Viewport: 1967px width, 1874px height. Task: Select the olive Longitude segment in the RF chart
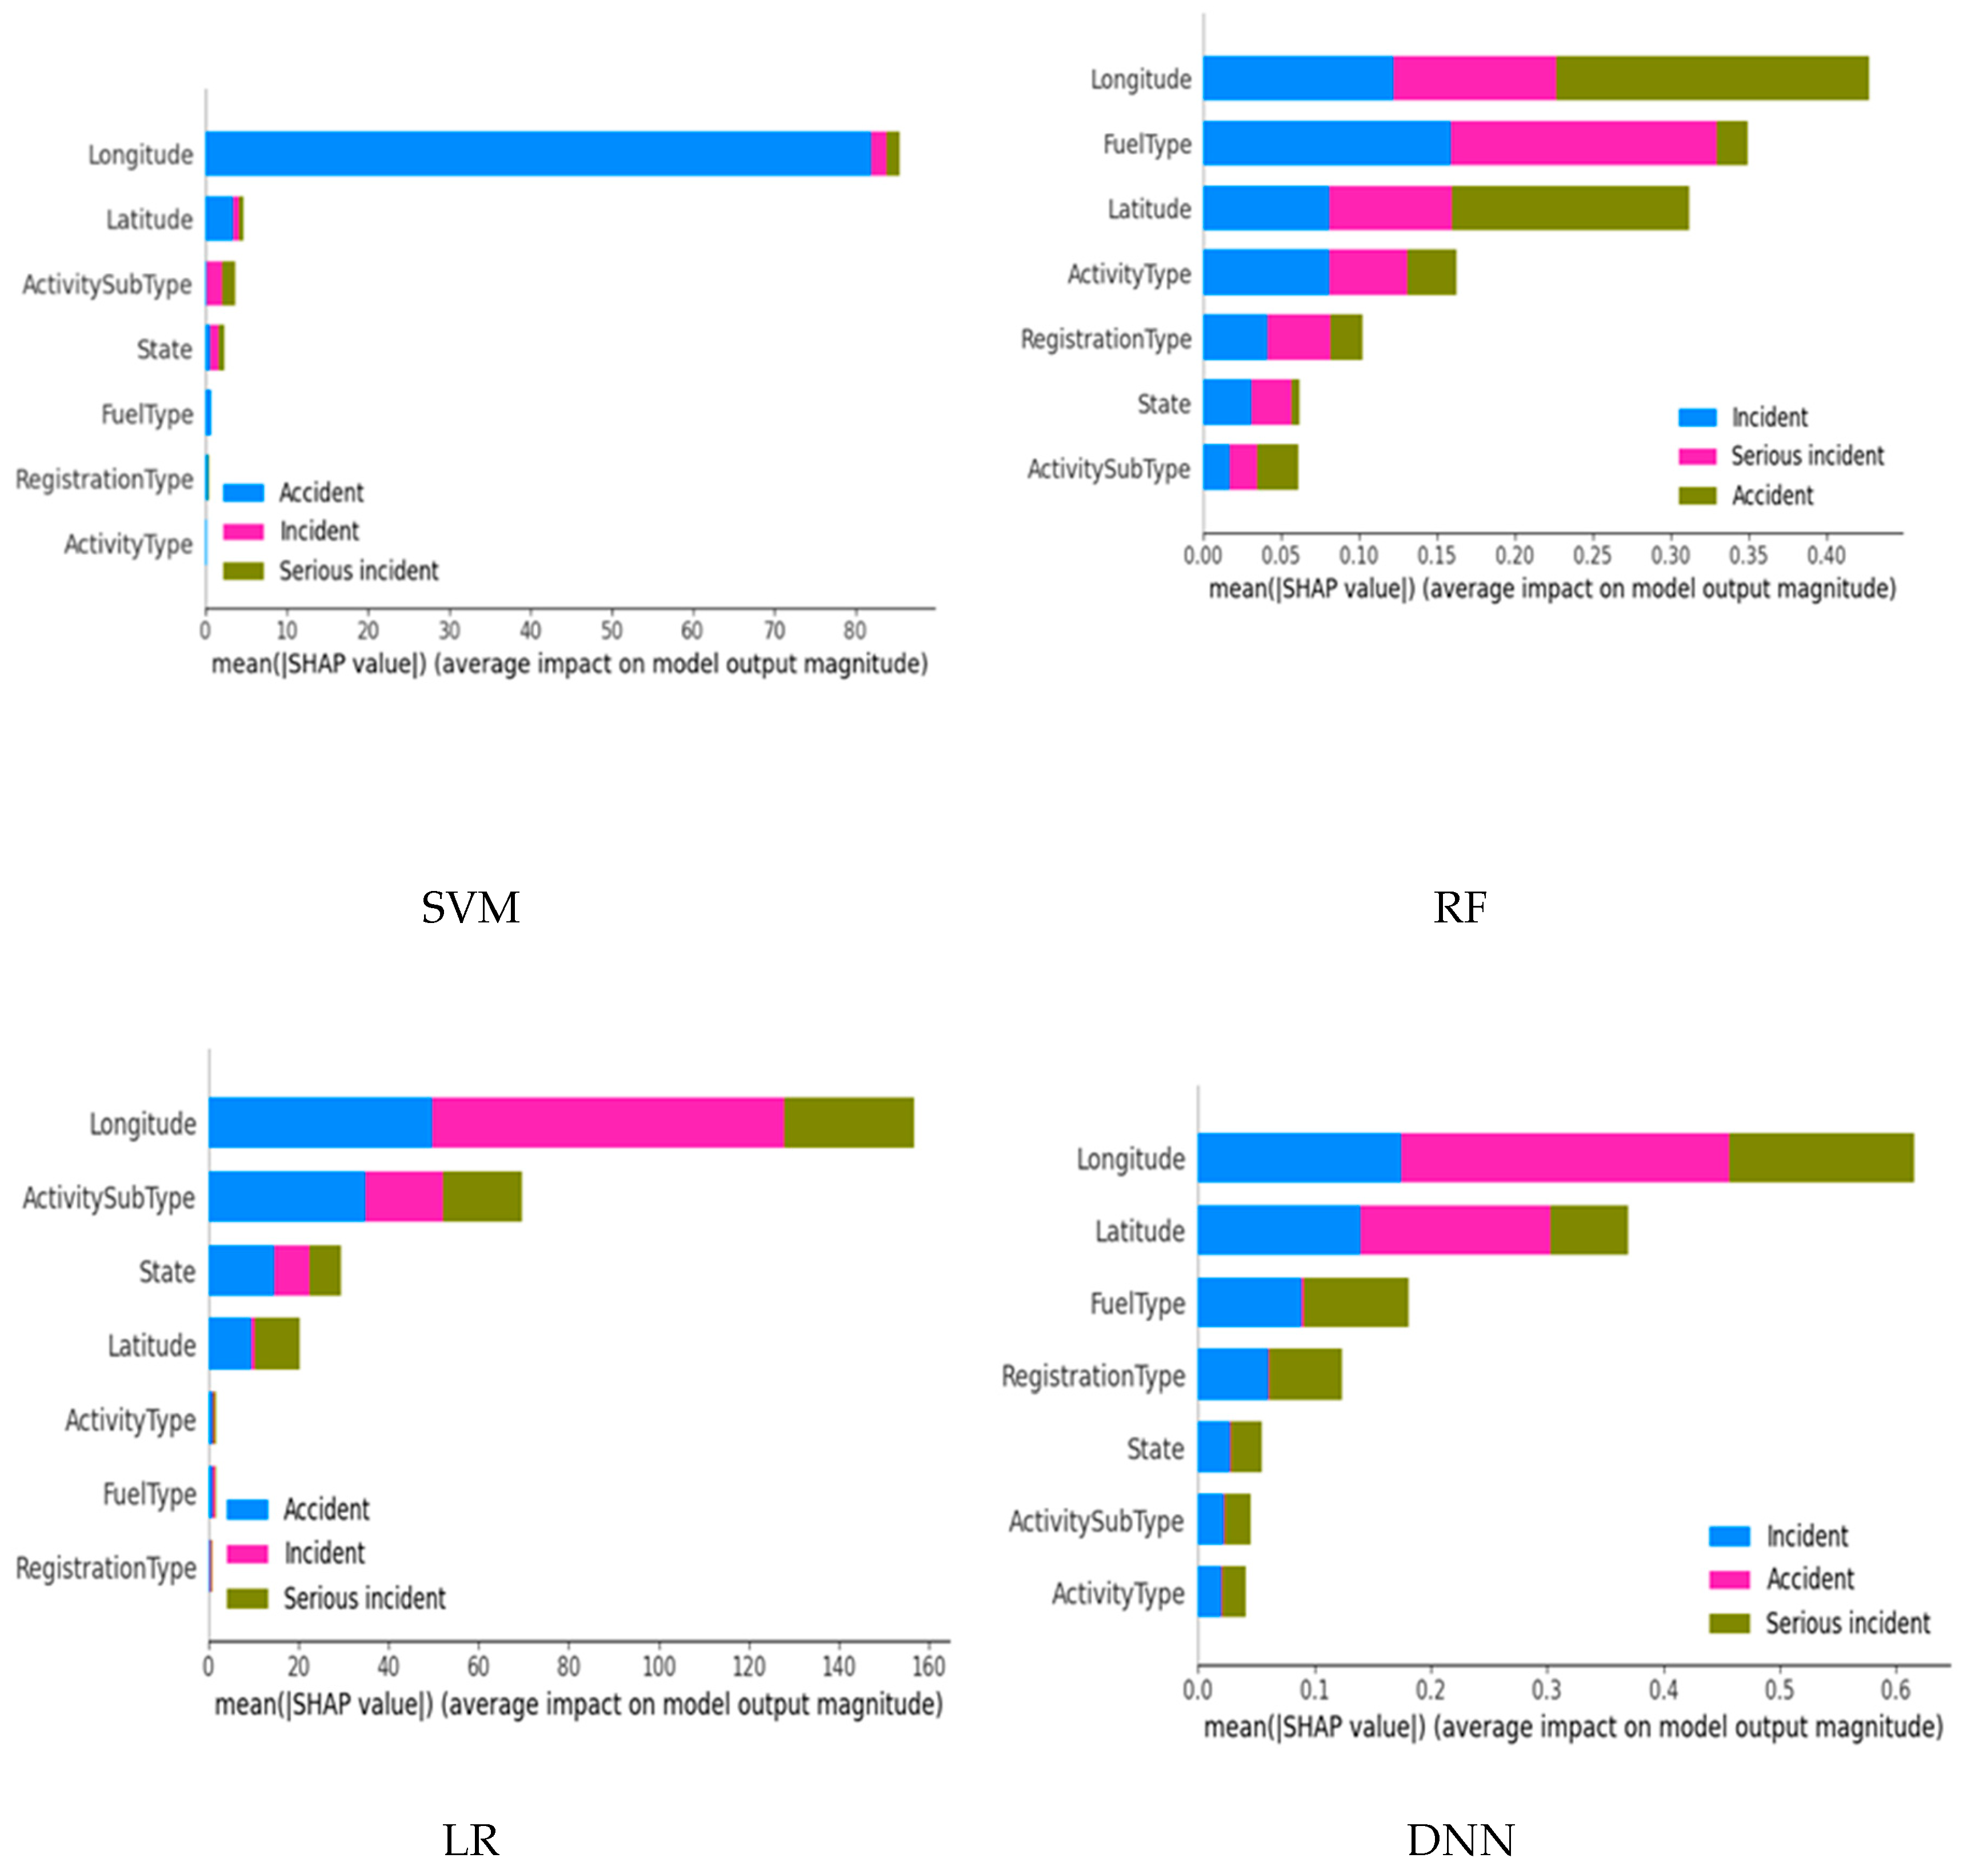click(1711, 78)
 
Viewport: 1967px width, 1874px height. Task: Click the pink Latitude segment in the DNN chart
click(1454, 1230)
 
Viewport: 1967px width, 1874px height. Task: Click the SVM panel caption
click(470, 907)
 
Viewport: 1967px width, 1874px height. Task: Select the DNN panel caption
click(1460, 1839)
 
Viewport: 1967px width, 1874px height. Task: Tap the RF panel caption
click(1460, 907)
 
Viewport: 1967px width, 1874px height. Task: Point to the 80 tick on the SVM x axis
click(854, 630)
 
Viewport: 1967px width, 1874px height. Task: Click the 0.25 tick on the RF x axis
click(1592, 556)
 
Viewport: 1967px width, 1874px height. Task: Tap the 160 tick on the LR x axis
click(928, 1665)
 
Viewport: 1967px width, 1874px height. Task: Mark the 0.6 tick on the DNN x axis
click(1895, 1689)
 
